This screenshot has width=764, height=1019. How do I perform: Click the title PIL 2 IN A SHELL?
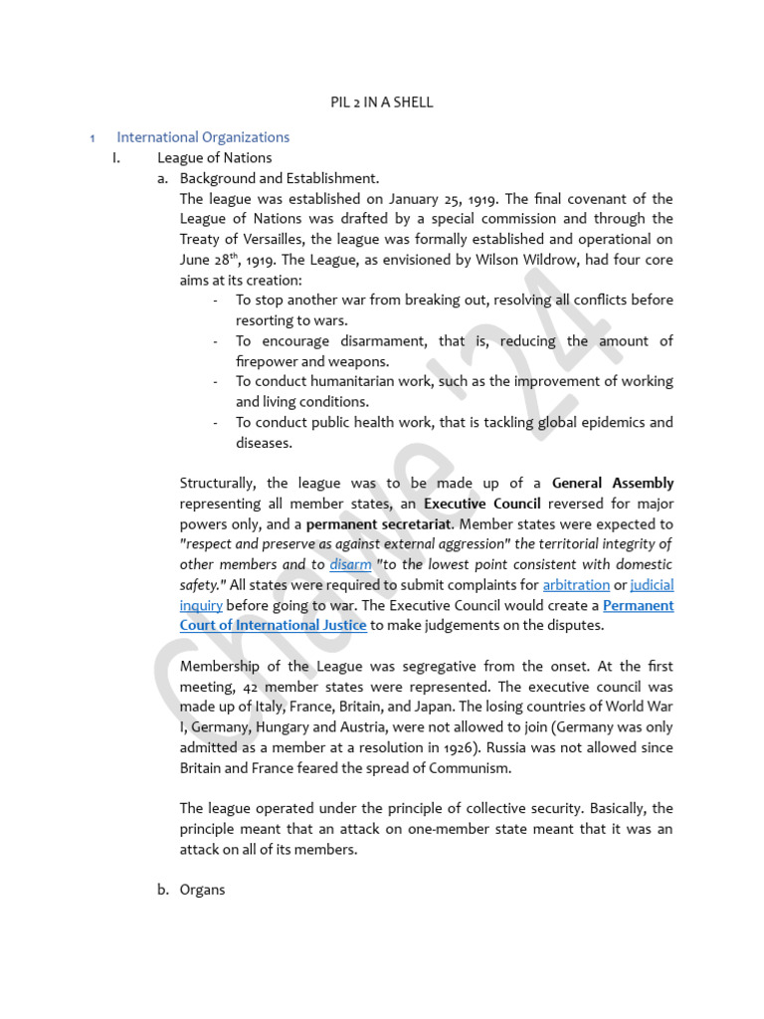pos(382,102)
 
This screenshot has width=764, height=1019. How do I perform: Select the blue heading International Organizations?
pos(203,137)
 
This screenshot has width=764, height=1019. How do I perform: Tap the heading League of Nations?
pos(214,157)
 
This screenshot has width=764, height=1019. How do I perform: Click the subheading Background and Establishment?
pos(280,178)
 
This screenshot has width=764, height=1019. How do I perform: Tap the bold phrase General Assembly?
pos(613,484)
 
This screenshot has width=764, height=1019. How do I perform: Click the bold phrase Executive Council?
pos(482,504)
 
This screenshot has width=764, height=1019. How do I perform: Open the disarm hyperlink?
pos(350,564)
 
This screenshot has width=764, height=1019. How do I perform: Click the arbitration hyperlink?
pos(576,585)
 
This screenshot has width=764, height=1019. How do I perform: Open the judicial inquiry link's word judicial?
pos(652,585)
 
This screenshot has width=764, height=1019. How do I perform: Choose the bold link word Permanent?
pos(638,605)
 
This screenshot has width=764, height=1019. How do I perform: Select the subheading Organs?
pos(203,890)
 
